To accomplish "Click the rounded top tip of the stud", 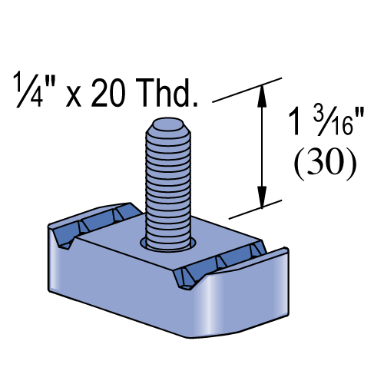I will (168, 124).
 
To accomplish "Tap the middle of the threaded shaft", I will (168, 184).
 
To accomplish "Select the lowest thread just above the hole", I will (168, 240).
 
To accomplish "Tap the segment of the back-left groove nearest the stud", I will (127, 211).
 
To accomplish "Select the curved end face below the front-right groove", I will (246, 300).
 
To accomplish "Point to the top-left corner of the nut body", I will (51, 228).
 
